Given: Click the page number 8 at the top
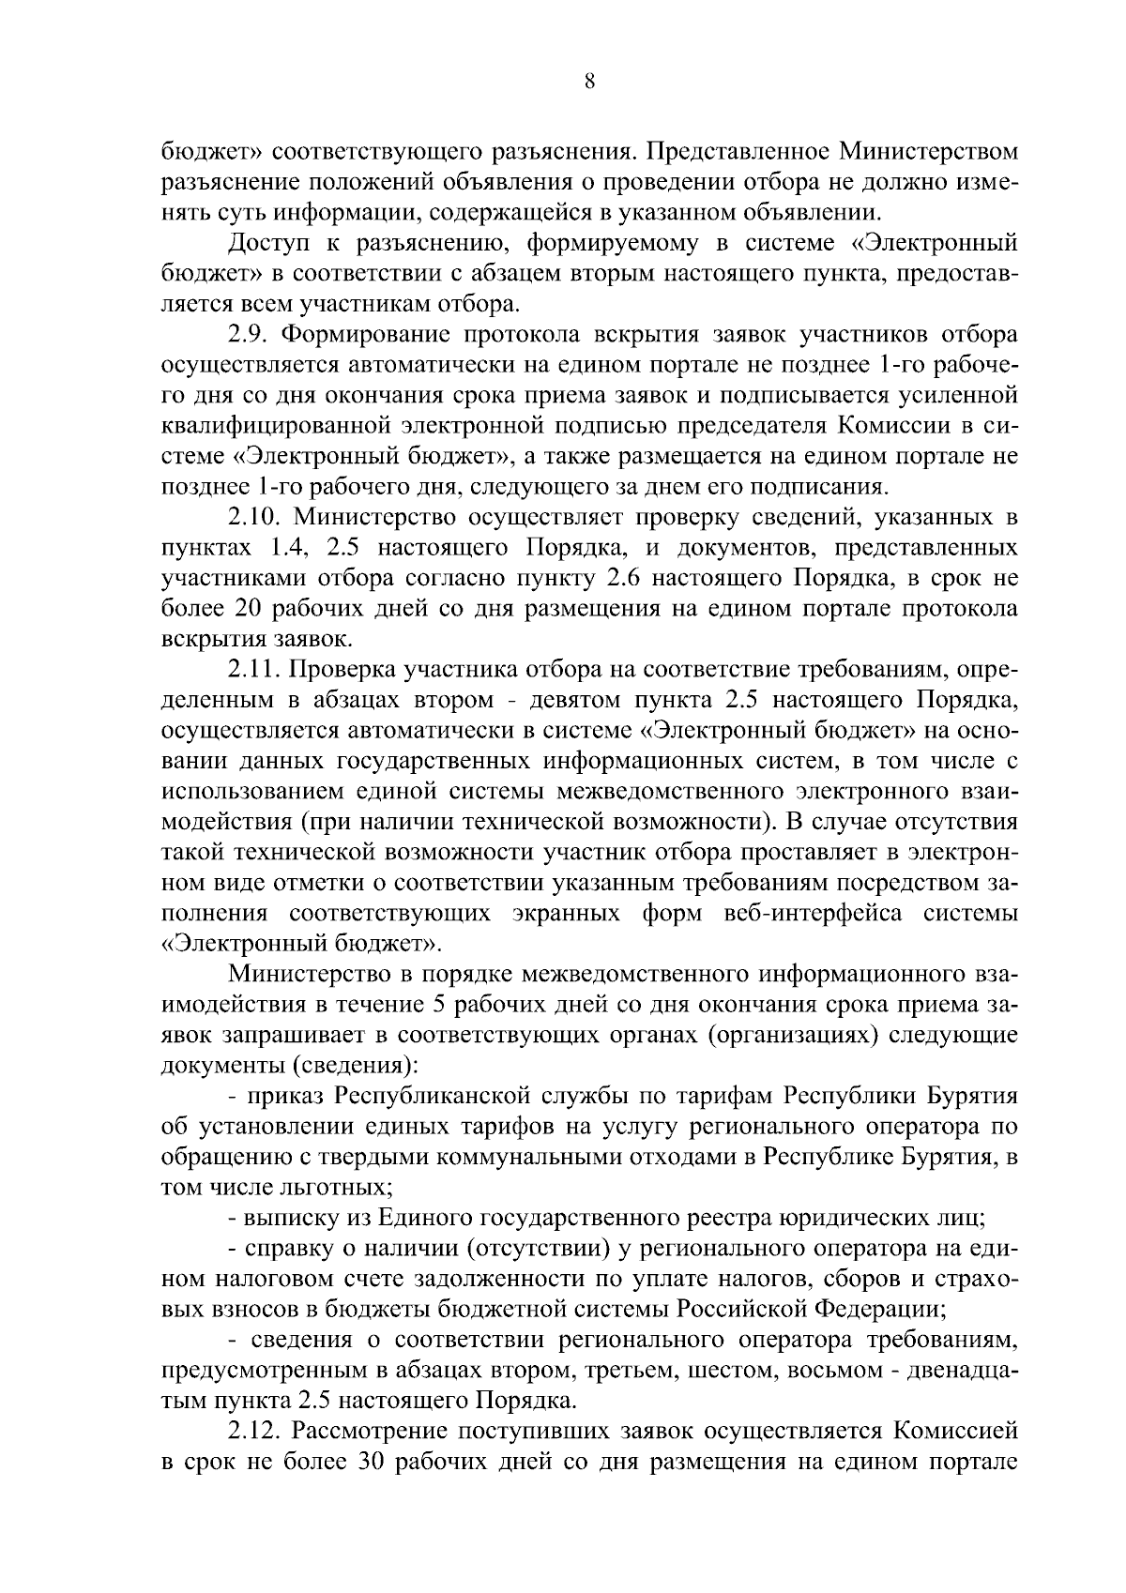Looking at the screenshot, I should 589,82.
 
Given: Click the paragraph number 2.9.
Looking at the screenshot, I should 249,335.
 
